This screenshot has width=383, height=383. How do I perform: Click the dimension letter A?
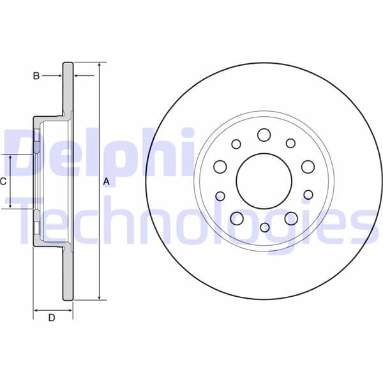click(x=107, y=181)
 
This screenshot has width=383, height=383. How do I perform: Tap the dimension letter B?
click(x=36, y=76)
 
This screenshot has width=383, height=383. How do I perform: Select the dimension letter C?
click(x=3, y=181)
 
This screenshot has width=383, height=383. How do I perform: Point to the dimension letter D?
click(x=52, y=317)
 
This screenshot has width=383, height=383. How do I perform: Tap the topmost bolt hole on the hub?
click(x=264, y=135)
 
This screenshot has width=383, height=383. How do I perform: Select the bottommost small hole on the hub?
click(x=264, y=227)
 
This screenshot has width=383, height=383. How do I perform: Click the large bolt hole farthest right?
click(x=308, y=167)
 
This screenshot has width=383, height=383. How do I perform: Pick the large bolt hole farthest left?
click(x=220, y=167)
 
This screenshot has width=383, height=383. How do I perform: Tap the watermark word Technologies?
click(x=191, y=220)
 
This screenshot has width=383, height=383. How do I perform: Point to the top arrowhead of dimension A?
click(x=100, y=64)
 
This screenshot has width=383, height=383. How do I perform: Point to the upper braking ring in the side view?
click(x=68, y=89)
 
